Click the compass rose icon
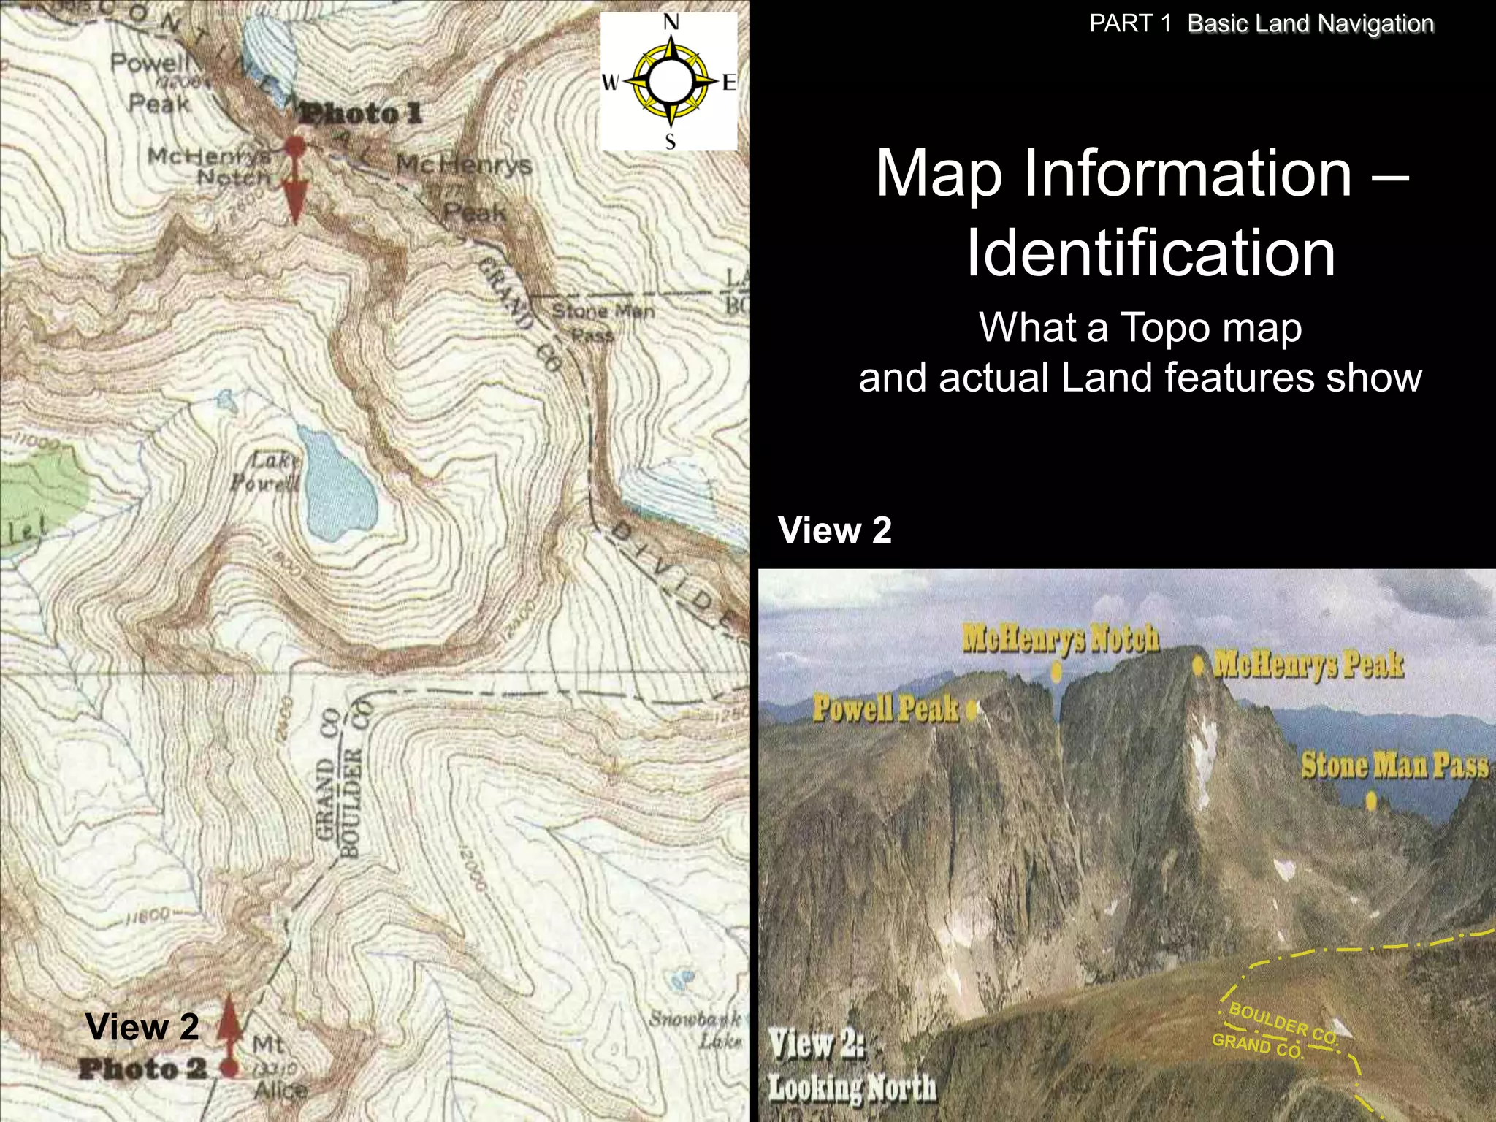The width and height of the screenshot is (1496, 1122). click(x=669, y=81)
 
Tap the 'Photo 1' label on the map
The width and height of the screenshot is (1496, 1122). click(x=362, y=114)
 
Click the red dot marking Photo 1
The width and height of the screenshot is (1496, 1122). click(x=294, y=145)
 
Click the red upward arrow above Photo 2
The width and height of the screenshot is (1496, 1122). click(x=230, y=1023)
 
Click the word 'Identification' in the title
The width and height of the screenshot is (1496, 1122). click(x=1150, y=253)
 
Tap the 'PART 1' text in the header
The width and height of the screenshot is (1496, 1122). click(x=1129, y=23)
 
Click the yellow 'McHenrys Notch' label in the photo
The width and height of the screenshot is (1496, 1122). click(x=1060, y=638)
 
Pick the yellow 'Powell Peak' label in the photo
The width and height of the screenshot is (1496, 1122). click(x=885, y=708)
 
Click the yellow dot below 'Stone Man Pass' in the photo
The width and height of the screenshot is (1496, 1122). click(x=1371, y=802)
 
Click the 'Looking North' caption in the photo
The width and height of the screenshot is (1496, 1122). click(x=852, y=1088)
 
